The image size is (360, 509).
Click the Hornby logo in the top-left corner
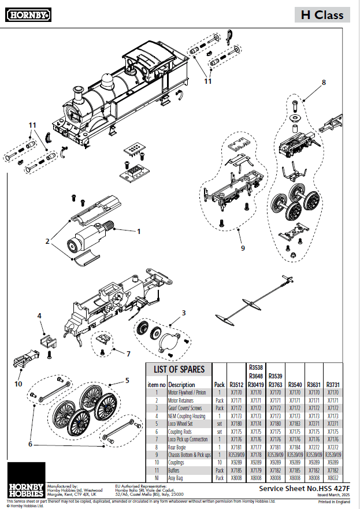26,14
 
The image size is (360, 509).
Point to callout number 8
324,82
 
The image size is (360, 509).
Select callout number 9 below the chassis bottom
243,248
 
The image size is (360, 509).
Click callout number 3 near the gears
184,313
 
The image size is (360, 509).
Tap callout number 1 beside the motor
139,231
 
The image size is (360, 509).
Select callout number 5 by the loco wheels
127,381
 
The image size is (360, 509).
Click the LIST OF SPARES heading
179,369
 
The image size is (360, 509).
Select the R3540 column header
295,384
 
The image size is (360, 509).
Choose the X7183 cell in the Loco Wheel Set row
295,423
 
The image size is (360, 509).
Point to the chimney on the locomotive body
77,91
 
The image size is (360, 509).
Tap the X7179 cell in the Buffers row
255,471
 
